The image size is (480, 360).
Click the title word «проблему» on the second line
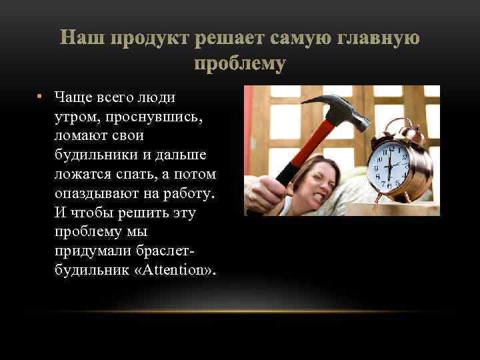(x=240, y=65)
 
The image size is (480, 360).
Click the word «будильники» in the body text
(x=96, y=155)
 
